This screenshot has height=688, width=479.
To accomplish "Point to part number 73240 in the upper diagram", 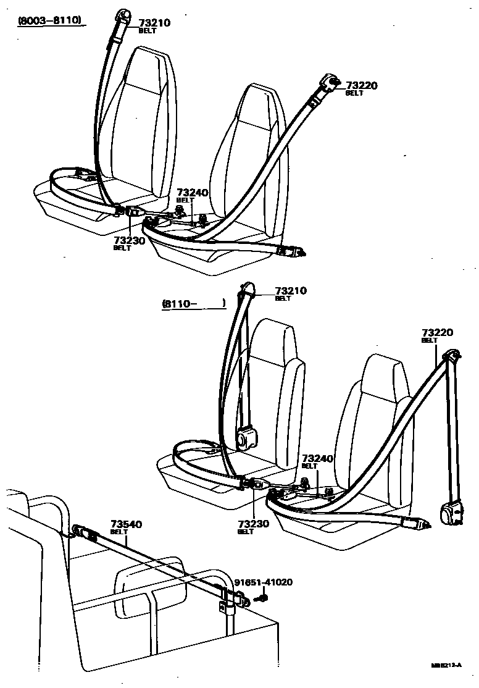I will [193, 193].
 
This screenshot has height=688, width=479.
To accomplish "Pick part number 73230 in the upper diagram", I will [129, 240].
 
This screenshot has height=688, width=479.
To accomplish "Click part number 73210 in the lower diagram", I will [291, 290].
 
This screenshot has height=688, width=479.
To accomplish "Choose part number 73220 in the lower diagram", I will [437, 332].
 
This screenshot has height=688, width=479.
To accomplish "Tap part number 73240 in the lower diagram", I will [317, 458].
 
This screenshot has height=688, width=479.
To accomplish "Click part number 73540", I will [126, 524].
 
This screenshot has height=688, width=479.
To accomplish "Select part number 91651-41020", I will [263, 582].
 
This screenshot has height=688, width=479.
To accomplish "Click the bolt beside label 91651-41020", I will [262, 597].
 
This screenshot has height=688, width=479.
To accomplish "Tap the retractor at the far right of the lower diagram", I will [449, 514].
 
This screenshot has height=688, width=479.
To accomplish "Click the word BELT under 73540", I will [119, 532].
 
